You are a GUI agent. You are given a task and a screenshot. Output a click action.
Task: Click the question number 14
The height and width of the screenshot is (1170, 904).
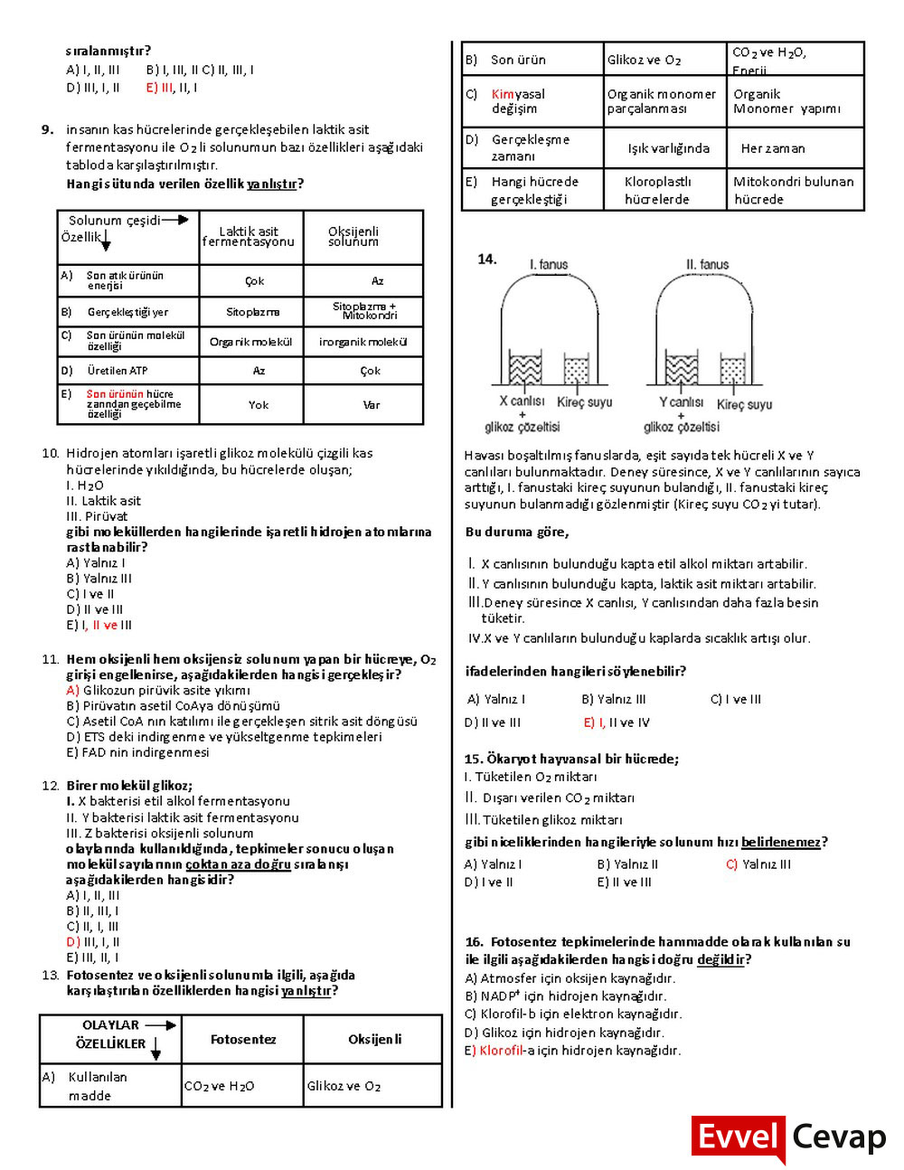pos(486,259)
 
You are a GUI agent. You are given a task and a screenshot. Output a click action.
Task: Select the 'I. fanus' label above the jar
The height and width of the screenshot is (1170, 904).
pos(549,265)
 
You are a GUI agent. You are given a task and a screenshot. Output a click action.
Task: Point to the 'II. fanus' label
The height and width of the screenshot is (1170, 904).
pos(707,265)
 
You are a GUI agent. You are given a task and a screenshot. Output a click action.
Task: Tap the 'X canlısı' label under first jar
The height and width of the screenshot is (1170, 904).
pos(522,401)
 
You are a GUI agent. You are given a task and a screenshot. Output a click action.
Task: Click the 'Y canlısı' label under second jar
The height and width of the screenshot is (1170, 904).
pos(681,401)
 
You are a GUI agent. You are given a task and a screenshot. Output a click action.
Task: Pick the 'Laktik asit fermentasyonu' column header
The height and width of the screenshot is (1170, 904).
pos(249,237)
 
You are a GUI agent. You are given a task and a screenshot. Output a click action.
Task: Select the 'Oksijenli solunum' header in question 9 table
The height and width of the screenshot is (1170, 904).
pos(353,237)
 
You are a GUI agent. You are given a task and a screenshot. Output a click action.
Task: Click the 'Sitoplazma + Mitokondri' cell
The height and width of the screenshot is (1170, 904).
pos(364,311)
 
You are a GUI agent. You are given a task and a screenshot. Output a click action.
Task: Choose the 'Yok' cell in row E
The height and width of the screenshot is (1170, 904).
pos(259,405)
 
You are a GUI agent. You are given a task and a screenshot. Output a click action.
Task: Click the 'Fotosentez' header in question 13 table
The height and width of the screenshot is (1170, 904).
pos(243,1040)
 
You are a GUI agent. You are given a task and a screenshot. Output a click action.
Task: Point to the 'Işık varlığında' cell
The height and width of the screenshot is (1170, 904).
pos(668,148)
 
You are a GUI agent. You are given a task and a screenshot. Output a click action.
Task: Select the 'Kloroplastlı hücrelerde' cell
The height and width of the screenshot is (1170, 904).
pos(657,191)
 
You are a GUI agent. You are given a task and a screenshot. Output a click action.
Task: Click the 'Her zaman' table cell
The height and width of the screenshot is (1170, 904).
pos(773,148)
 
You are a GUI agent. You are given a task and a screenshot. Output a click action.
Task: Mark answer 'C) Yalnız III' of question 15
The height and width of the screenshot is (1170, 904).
pos(758,864)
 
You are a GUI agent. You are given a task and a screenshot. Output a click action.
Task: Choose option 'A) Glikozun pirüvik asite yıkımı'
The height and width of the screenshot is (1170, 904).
pos(158,690)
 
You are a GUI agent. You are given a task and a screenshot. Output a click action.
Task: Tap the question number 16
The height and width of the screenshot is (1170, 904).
pos(474,942)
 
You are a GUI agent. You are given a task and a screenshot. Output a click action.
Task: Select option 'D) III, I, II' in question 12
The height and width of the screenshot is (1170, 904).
pos(93,941)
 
